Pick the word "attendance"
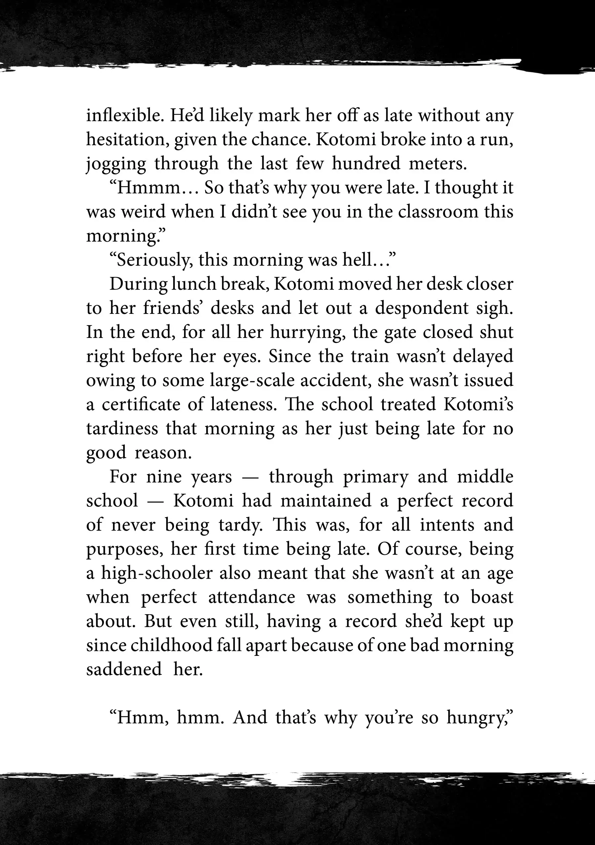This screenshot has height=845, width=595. pyautogui.click(x=252, y=597)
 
